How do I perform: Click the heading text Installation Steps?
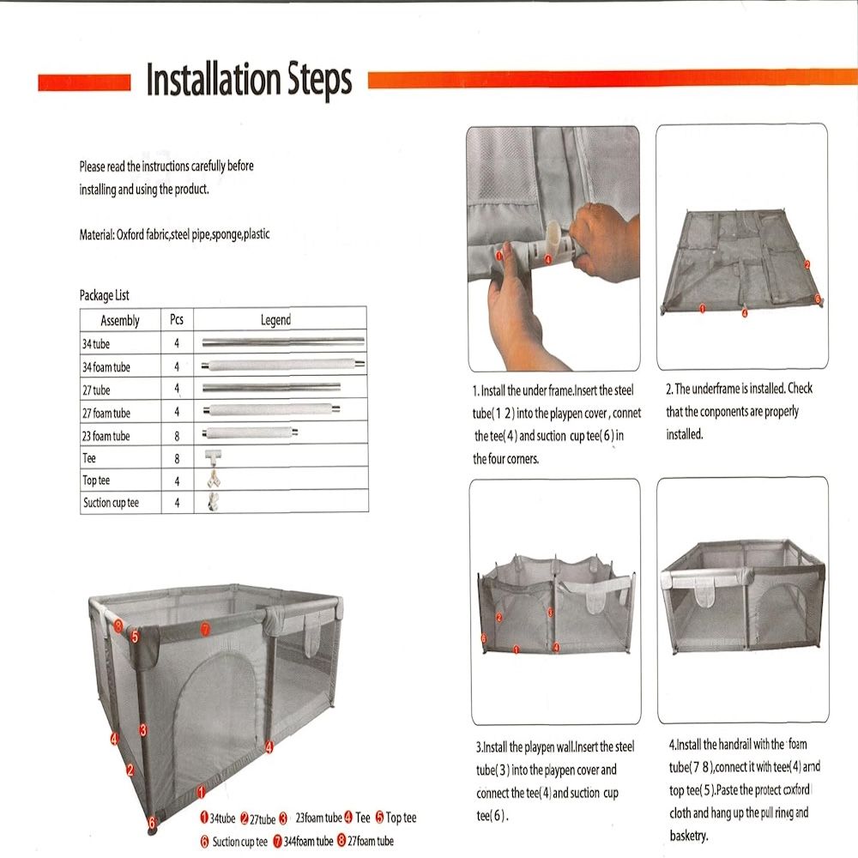[249, 80]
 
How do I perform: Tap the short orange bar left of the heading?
[84, 82]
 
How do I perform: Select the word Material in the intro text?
[95, 233]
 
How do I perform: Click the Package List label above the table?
[104, 296]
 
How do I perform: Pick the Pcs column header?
[177, 320]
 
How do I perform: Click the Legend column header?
[275, 320]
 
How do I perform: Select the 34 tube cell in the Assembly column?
[96, 343]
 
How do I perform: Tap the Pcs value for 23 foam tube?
[177, 436]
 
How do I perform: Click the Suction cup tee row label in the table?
[111, 503]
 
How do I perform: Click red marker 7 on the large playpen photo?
[205, 630]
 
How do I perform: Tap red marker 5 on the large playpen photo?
[135, 636]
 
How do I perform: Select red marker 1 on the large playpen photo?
[201, 793]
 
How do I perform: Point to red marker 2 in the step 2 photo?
[807, 265]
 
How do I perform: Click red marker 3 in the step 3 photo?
[550, 613]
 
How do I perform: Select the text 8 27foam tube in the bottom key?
[366, 842]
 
